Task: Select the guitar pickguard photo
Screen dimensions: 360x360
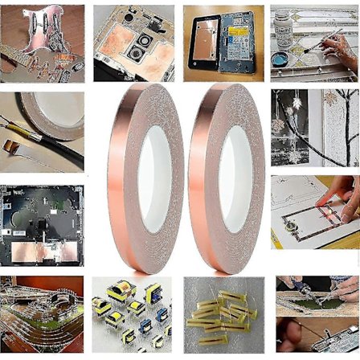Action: [42, 42]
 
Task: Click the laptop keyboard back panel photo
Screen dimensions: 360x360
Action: [42, 225]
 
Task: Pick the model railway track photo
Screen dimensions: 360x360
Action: [42, 315]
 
